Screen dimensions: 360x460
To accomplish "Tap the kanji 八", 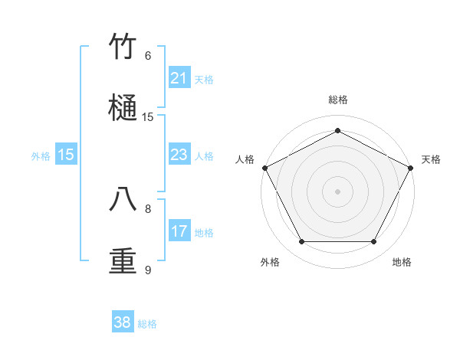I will point(123,200).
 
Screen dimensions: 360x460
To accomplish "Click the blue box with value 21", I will point(179,78).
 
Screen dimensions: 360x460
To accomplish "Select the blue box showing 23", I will point(179,155).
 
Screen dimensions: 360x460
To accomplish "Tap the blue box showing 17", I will point(179,231).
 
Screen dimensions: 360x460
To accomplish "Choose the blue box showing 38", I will point(123,322).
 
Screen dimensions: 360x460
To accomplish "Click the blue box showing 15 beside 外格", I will point(66,155).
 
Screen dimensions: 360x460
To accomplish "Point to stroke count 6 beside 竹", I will point(148,56).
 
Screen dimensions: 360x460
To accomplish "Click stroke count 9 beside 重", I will point(148,270).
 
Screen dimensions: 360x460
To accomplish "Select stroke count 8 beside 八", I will point(148,208).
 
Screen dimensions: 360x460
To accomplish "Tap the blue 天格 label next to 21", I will point(204,79).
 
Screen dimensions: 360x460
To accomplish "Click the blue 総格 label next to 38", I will point(147,324).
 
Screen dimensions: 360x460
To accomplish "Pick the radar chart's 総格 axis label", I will point(337,100).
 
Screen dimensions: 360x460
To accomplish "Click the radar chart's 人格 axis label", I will point(245,159).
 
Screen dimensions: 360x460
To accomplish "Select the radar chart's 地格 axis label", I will point(402,262).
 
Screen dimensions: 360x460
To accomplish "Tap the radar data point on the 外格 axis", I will point(301,242).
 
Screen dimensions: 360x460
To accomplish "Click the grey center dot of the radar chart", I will point(337,191).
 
